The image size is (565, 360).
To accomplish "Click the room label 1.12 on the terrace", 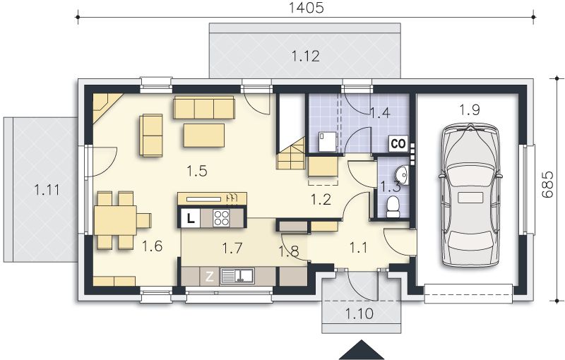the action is [x=306, y=56].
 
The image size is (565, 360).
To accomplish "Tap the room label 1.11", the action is [x=47, y=190].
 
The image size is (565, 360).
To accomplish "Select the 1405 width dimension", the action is [x=307, y=8].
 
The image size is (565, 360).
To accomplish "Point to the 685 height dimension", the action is [x=547, y=184].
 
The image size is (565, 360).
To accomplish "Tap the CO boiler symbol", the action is [x=398, y=143].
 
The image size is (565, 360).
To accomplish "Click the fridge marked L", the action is [x=191, y=218].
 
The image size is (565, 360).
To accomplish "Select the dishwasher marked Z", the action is [x=209, y=277].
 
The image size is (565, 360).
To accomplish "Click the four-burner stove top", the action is [x=221, y=218].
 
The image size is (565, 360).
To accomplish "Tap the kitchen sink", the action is [x=237, y=276].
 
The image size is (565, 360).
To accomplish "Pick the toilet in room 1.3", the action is [x=393, y=207].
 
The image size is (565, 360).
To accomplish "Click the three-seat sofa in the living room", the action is [x=204, y=107].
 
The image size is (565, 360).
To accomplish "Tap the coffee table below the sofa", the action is [x=204, y=136].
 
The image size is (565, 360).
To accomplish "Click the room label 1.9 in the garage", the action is [x=470, y=110].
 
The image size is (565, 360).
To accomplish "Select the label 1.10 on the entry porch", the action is [x=359, y=313].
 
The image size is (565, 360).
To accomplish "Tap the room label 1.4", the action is [x=381, y=113].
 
